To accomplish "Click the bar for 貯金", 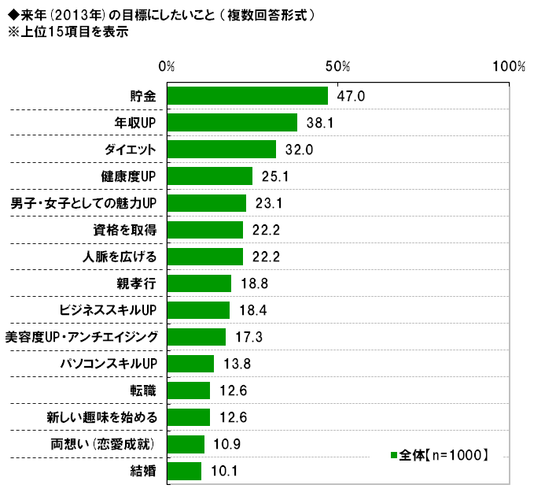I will coord(247,95).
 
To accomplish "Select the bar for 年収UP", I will coord(232,122).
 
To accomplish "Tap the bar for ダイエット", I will coord(222,150).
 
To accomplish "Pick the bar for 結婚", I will coord(184,472).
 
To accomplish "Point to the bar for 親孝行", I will coord(199,283).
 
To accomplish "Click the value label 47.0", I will coord(352,96).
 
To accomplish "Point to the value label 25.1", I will coord(276,176).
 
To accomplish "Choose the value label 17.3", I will coord(249,338).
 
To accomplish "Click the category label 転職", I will coord(143,391).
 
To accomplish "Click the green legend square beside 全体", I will coord(392,455).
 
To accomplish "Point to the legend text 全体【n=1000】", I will coord(444,455).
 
